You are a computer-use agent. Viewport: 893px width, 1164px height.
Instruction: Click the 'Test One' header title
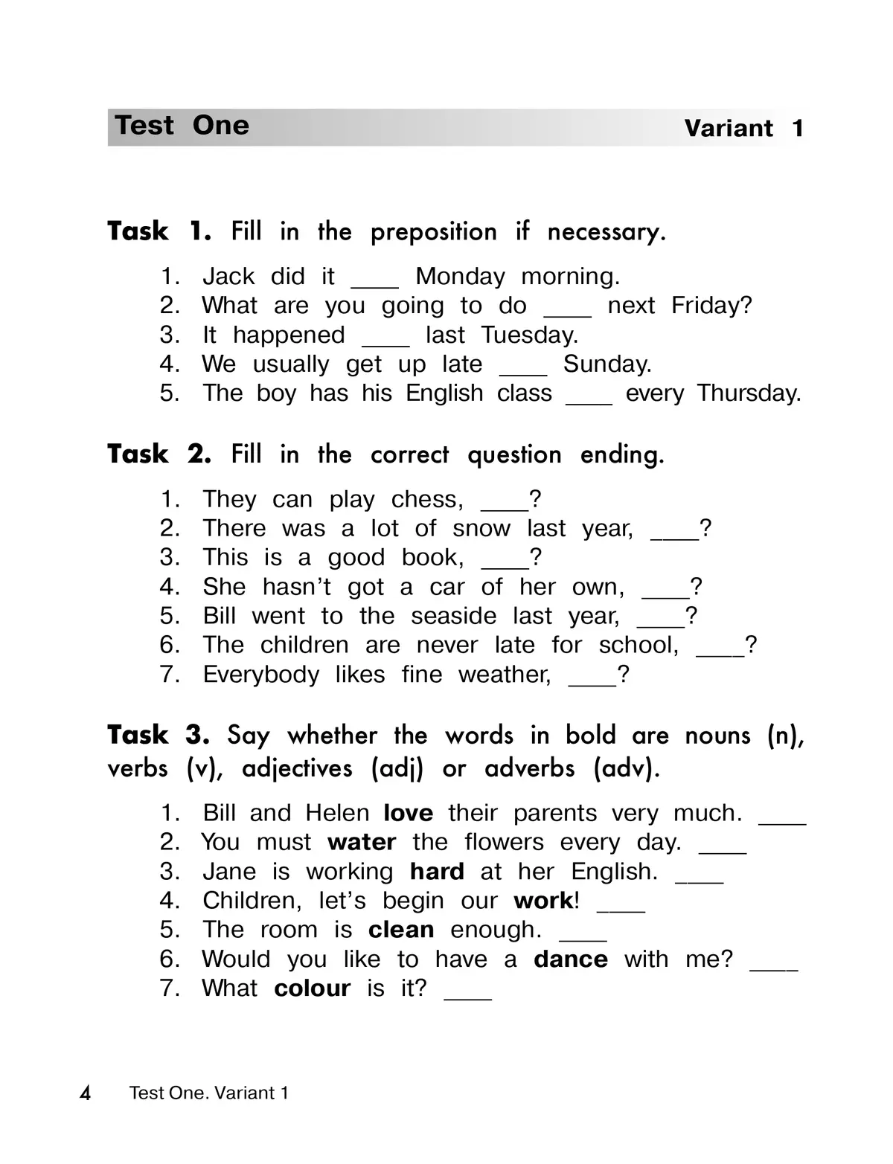tap(182, 126)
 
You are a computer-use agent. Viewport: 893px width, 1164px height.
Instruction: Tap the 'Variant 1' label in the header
tap(743, 129)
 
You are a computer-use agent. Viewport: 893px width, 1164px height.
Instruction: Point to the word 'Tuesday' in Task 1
tap(528, 335)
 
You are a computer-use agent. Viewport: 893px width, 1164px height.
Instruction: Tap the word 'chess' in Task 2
tap(426, 500)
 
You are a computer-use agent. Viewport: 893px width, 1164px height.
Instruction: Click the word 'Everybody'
tap(260, 675)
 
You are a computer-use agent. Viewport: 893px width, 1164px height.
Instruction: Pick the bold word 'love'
tap(408, 813)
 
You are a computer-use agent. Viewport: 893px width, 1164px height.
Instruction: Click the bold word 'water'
tap(361, 843)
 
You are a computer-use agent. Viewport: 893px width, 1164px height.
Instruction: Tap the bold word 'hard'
tap(437, 872)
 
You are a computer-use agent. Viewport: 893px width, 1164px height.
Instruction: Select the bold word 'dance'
tap(570, 959)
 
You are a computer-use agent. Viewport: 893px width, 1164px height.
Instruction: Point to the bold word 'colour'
tap(312, 988)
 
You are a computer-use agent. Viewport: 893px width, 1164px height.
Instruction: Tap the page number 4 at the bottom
tap(86, 1093)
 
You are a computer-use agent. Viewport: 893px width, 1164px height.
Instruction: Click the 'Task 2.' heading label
tap(159, 454)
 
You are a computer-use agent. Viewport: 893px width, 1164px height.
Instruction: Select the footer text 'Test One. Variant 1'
tap(208, 1093)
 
